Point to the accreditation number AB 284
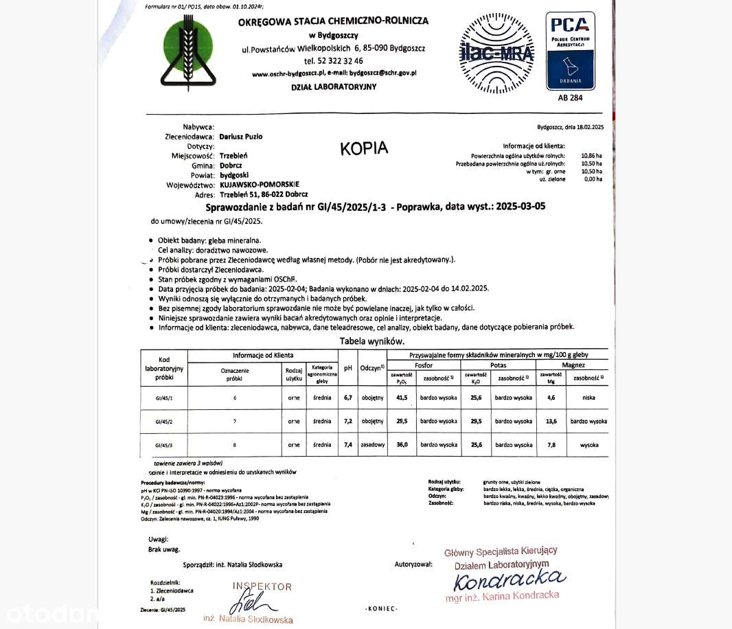(x=570, y=98)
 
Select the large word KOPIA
(x=364, y=148)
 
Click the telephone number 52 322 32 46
(x=333, y=61)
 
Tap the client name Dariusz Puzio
(x=240, y=137)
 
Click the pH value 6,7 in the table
(x=348, y=398)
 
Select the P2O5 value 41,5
(x=402, y=398)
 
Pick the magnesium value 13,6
(x=551, y=421)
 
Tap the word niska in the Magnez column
(x=589, y=398)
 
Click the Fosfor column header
(x=424, y=365)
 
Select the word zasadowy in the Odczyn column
(x=372, y=445)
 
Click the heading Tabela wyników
(x=372, y=341)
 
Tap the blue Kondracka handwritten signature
(x=509, y=580)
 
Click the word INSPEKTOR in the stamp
(x=262, y=587)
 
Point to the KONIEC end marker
(x=381, y=608)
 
